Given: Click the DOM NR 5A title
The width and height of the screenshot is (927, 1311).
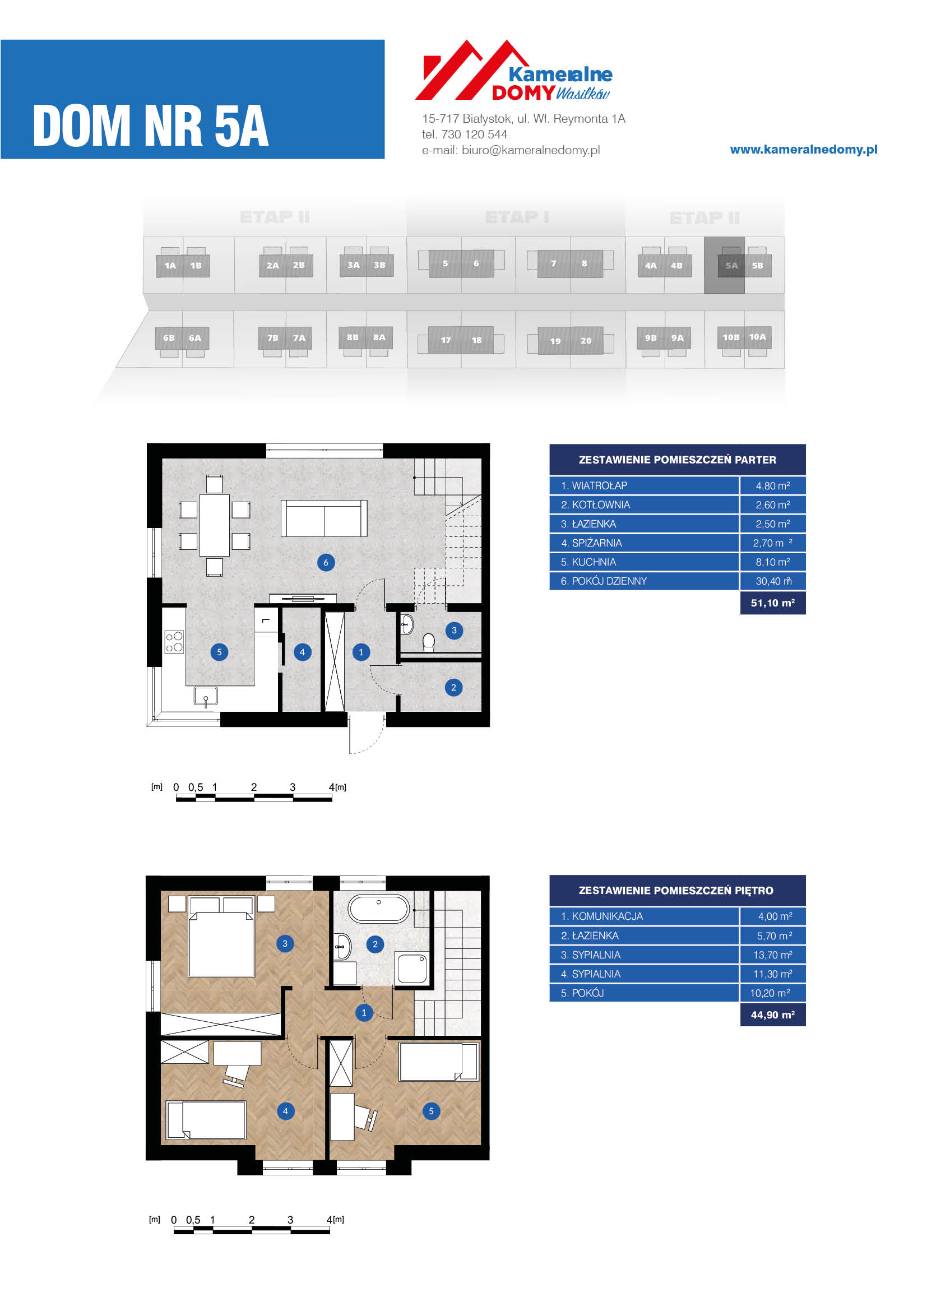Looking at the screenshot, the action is click(x=151, y=126).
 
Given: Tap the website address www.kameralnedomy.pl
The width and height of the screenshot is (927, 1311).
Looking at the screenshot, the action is click(x=804, y=150).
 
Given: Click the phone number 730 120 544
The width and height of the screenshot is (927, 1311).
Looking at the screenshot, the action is click(x=474, y=134).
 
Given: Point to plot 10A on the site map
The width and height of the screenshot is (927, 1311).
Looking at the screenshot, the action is click(x=758, y=337).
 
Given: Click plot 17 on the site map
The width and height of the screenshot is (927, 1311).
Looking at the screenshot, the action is click(x=445, y=340).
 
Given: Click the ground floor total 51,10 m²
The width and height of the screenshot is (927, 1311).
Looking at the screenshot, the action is click(x=773, y=603).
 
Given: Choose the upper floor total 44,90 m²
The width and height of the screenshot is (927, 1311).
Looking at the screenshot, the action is click(x=773, y=1014).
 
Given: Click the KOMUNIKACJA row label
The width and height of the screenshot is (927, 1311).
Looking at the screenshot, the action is click(x=601, y=916).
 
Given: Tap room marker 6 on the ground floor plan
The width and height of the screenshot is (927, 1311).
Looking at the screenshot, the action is click(x=326, y=562).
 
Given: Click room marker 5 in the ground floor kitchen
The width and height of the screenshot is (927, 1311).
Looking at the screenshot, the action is click(x=219, y=652).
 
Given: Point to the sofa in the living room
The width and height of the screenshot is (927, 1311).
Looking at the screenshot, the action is click(x=323, y=518).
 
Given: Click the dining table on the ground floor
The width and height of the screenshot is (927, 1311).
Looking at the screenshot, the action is click(x=215, y=525).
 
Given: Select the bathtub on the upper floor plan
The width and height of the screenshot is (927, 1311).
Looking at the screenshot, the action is click(x=378, y=909).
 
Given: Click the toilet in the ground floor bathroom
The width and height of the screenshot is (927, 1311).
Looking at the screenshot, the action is click(x=429, y=642).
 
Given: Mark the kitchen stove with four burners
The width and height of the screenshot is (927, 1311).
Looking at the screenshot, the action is click(x=174, y=642).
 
